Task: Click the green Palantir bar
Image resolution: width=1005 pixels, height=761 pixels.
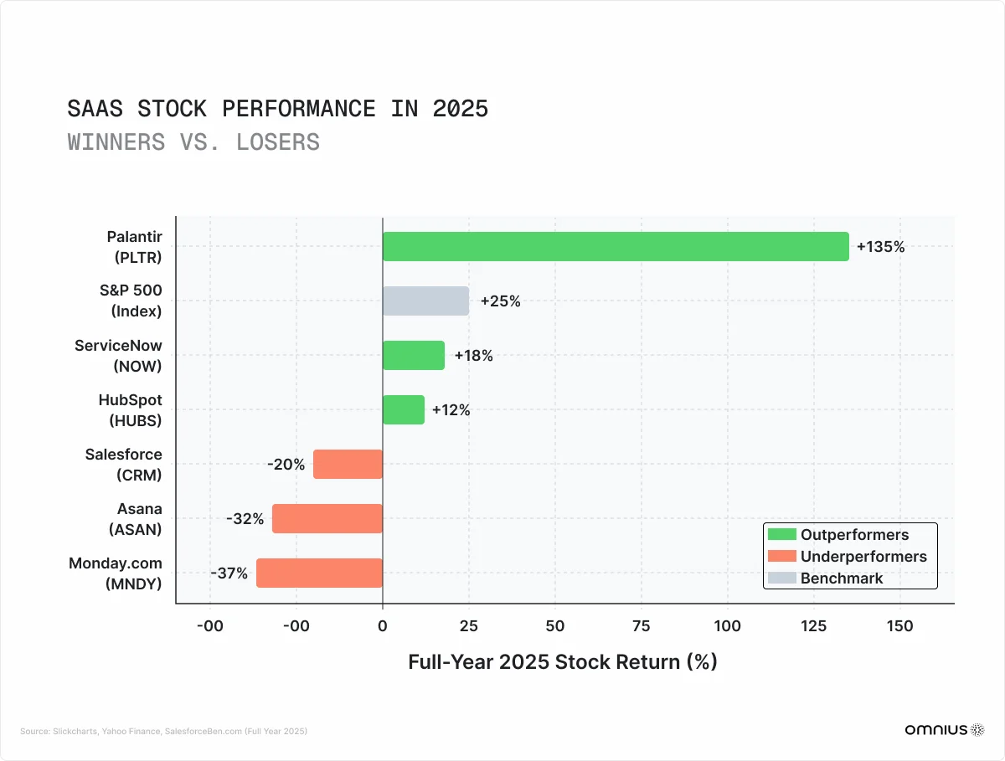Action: click(616, 247)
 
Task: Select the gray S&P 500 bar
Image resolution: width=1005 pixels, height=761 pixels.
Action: click(425, 301)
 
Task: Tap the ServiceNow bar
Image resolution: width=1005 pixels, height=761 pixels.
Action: click(414, 356)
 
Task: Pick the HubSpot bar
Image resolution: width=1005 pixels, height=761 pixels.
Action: click(404, 410)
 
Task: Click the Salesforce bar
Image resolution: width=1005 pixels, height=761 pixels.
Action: click(348, 465)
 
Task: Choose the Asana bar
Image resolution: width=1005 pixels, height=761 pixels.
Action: click(327, 519)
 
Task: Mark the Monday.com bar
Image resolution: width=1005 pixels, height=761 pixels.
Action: click(319, 573)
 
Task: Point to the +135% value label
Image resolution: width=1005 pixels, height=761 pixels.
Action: click(880, 247)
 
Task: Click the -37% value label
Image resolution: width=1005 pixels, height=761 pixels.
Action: click(229, 573)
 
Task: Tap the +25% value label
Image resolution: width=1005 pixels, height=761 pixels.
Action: click(500, 301)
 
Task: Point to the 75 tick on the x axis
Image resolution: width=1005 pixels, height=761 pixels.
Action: click(641, 626)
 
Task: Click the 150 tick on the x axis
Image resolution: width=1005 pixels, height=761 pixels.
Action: click(899, 626)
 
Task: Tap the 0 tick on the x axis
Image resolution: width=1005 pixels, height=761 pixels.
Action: click(383, 626)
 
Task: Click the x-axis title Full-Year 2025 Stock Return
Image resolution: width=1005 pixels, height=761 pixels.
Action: click(562, 661)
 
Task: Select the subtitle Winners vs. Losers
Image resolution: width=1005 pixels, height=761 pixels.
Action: click(193, 142)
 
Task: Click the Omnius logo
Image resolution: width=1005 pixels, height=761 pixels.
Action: click(944, 730)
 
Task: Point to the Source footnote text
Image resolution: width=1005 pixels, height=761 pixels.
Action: click(163, 731)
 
